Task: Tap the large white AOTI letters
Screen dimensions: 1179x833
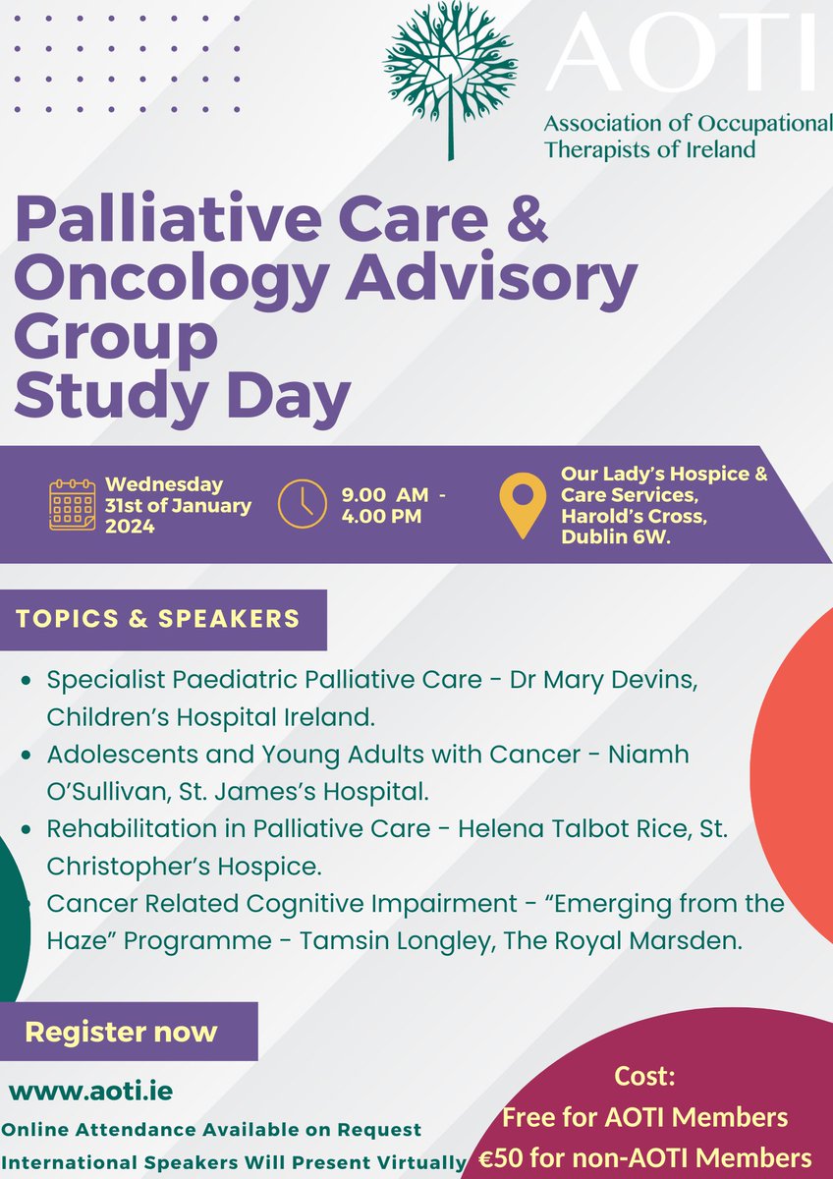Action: point(681,56)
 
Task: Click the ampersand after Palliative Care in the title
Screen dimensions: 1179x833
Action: point(517,225)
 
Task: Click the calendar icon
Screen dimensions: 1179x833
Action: point(73,504)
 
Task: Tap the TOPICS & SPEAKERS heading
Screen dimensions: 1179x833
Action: point(158,619)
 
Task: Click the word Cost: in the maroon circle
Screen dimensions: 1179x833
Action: point(644,1076)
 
